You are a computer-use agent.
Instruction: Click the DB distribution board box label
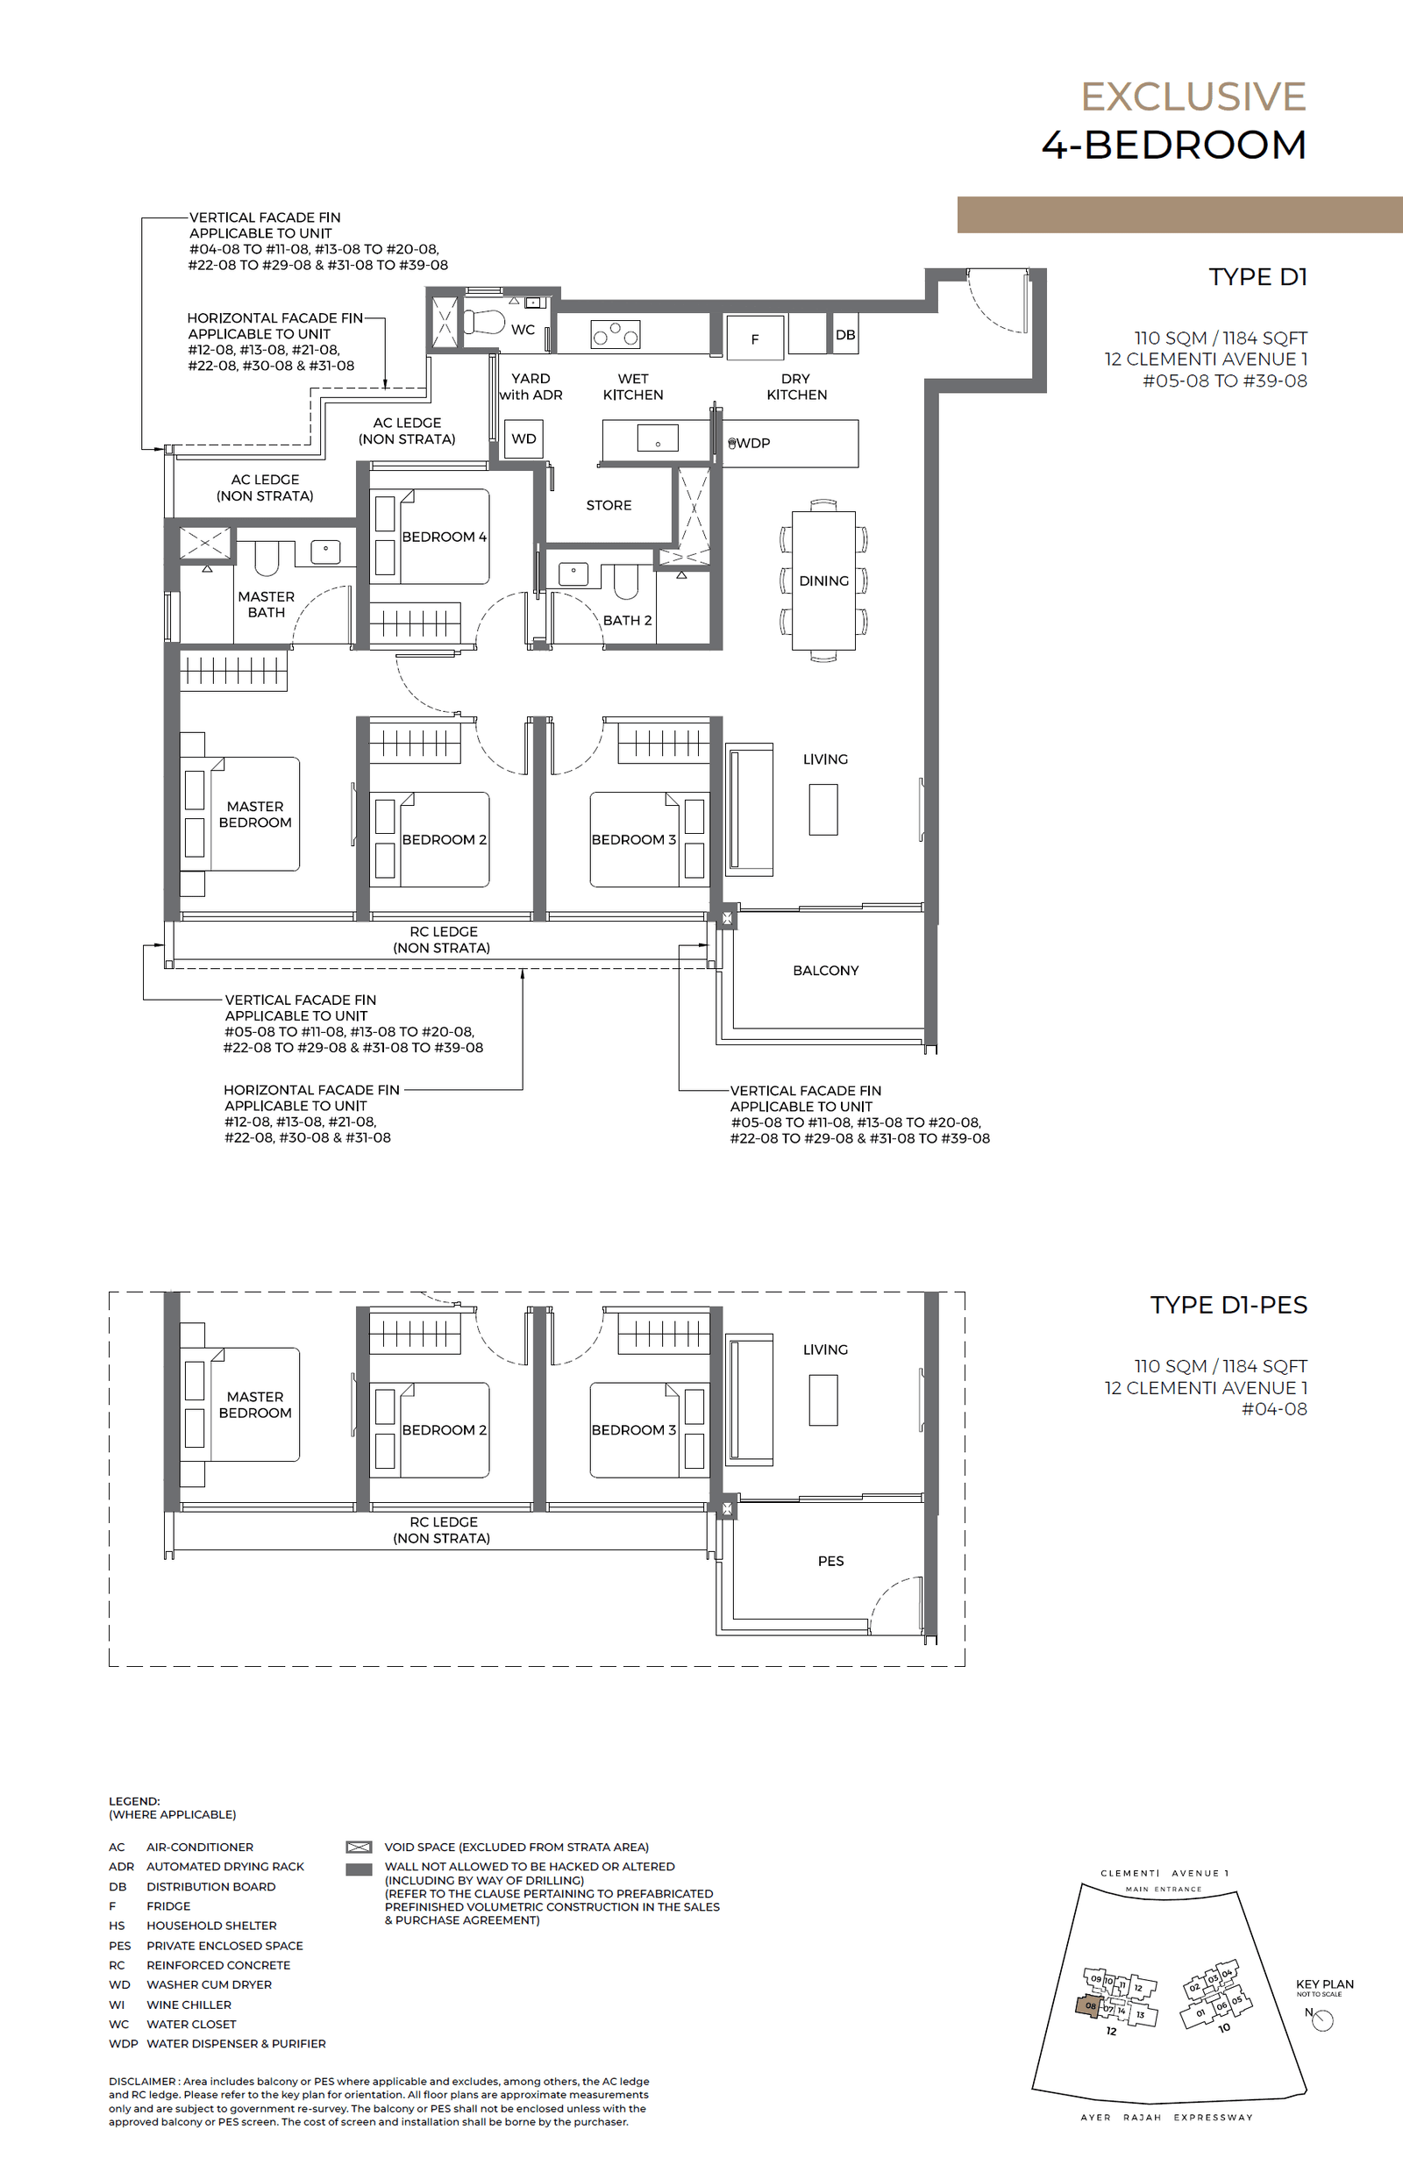pyautogui.click(x=845, y=334)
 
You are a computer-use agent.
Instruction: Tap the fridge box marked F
pyautogui.click(x=754, y=339)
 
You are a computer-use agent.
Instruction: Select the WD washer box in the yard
pyautogui.click(x=523, y=438)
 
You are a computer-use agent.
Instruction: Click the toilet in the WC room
pyautogui.click(x=485, y=322)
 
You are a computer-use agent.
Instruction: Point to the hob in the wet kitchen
pyautogui.click(x=616, y=334)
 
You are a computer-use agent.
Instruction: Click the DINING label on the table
pyautogui.click(x=823, y=580)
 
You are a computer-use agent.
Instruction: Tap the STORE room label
pyautogui.click(x=609, y=505)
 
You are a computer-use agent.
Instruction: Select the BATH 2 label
pyautogui.click(x=627, y=620)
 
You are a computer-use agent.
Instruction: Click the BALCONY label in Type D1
pyautogui.click(x=825, y=971)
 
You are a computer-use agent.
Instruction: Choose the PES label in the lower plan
pyautogui.click(x=830, y=1561)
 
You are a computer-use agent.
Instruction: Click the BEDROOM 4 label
pyautogui.click(x=444, y=537)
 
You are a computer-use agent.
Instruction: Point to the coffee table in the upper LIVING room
pyautogui.click(x=823, y=809)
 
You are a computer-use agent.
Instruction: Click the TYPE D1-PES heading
pyautogui.click(x=1229, y=1305)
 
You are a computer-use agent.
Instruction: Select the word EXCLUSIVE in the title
pyautogui.click(x=1193, y=96)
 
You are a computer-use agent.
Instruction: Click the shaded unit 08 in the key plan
pyautogui.click(x=1088, y=2005)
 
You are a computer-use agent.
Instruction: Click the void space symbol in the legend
pyautogui.click(x=359, y=1847)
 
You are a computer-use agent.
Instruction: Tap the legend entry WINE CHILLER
pyautogui.click(x=189, y=2005)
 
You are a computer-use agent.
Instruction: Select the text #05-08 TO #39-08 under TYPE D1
pyautogui.click(x=1224, y=381)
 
